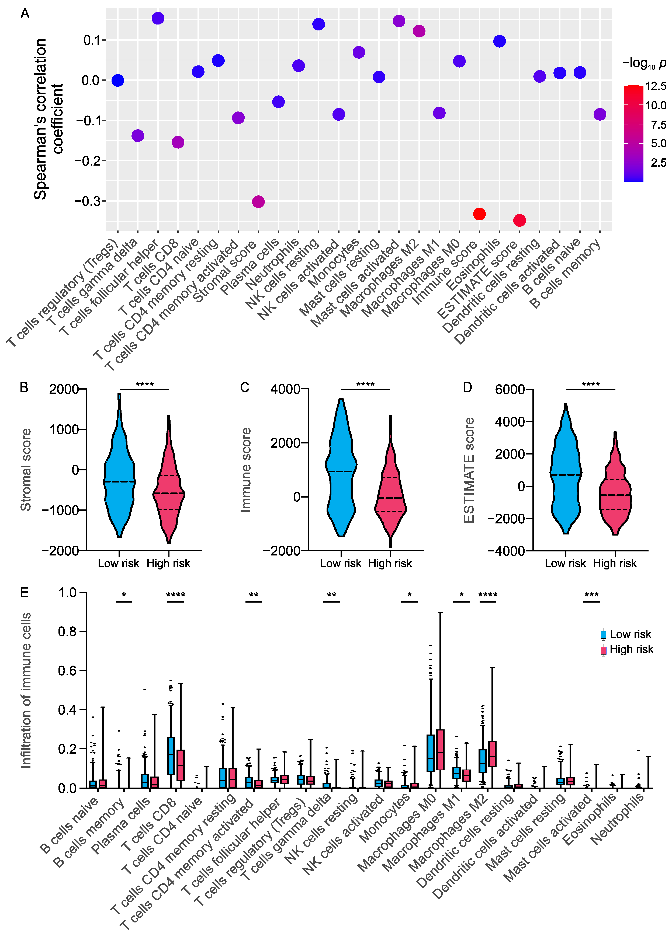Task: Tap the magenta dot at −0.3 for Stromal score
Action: point(258,202)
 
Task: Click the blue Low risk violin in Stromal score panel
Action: point(119,475)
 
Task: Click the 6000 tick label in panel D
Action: point(510,389)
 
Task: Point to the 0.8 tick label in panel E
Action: point(67,632)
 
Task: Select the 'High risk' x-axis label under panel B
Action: point(168,564)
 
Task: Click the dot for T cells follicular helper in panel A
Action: point(158,18)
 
